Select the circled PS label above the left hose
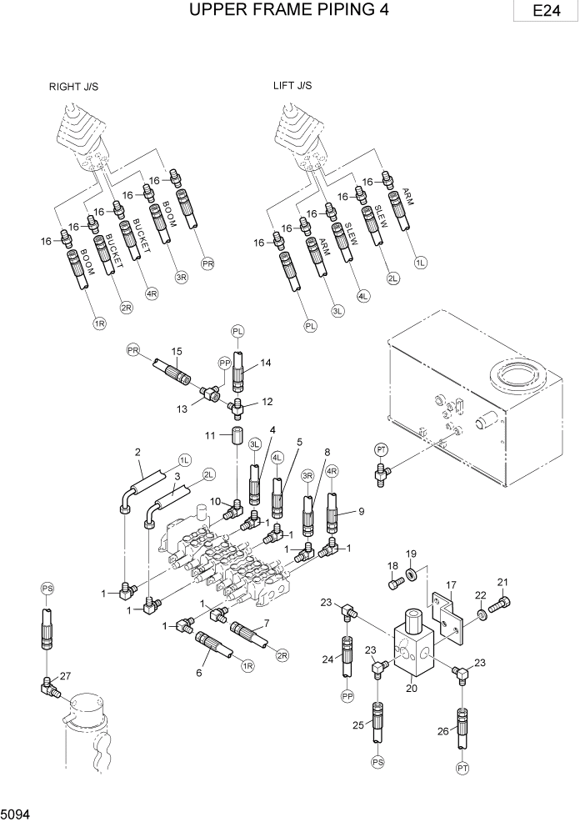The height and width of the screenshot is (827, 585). [47, 589]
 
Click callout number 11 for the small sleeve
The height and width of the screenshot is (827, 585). [211, 435]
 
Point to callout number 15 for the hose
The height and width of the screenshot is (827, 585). [177, 351]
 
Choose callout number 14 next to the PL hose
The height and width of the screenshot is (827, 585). [265, 363]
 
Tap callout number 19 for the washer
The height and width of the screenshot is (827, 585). [410, 554]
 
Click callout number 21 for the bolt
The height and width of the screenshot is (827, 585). [502, 582]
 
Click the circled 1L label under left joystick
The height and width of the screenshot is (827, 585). [421, 263]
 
